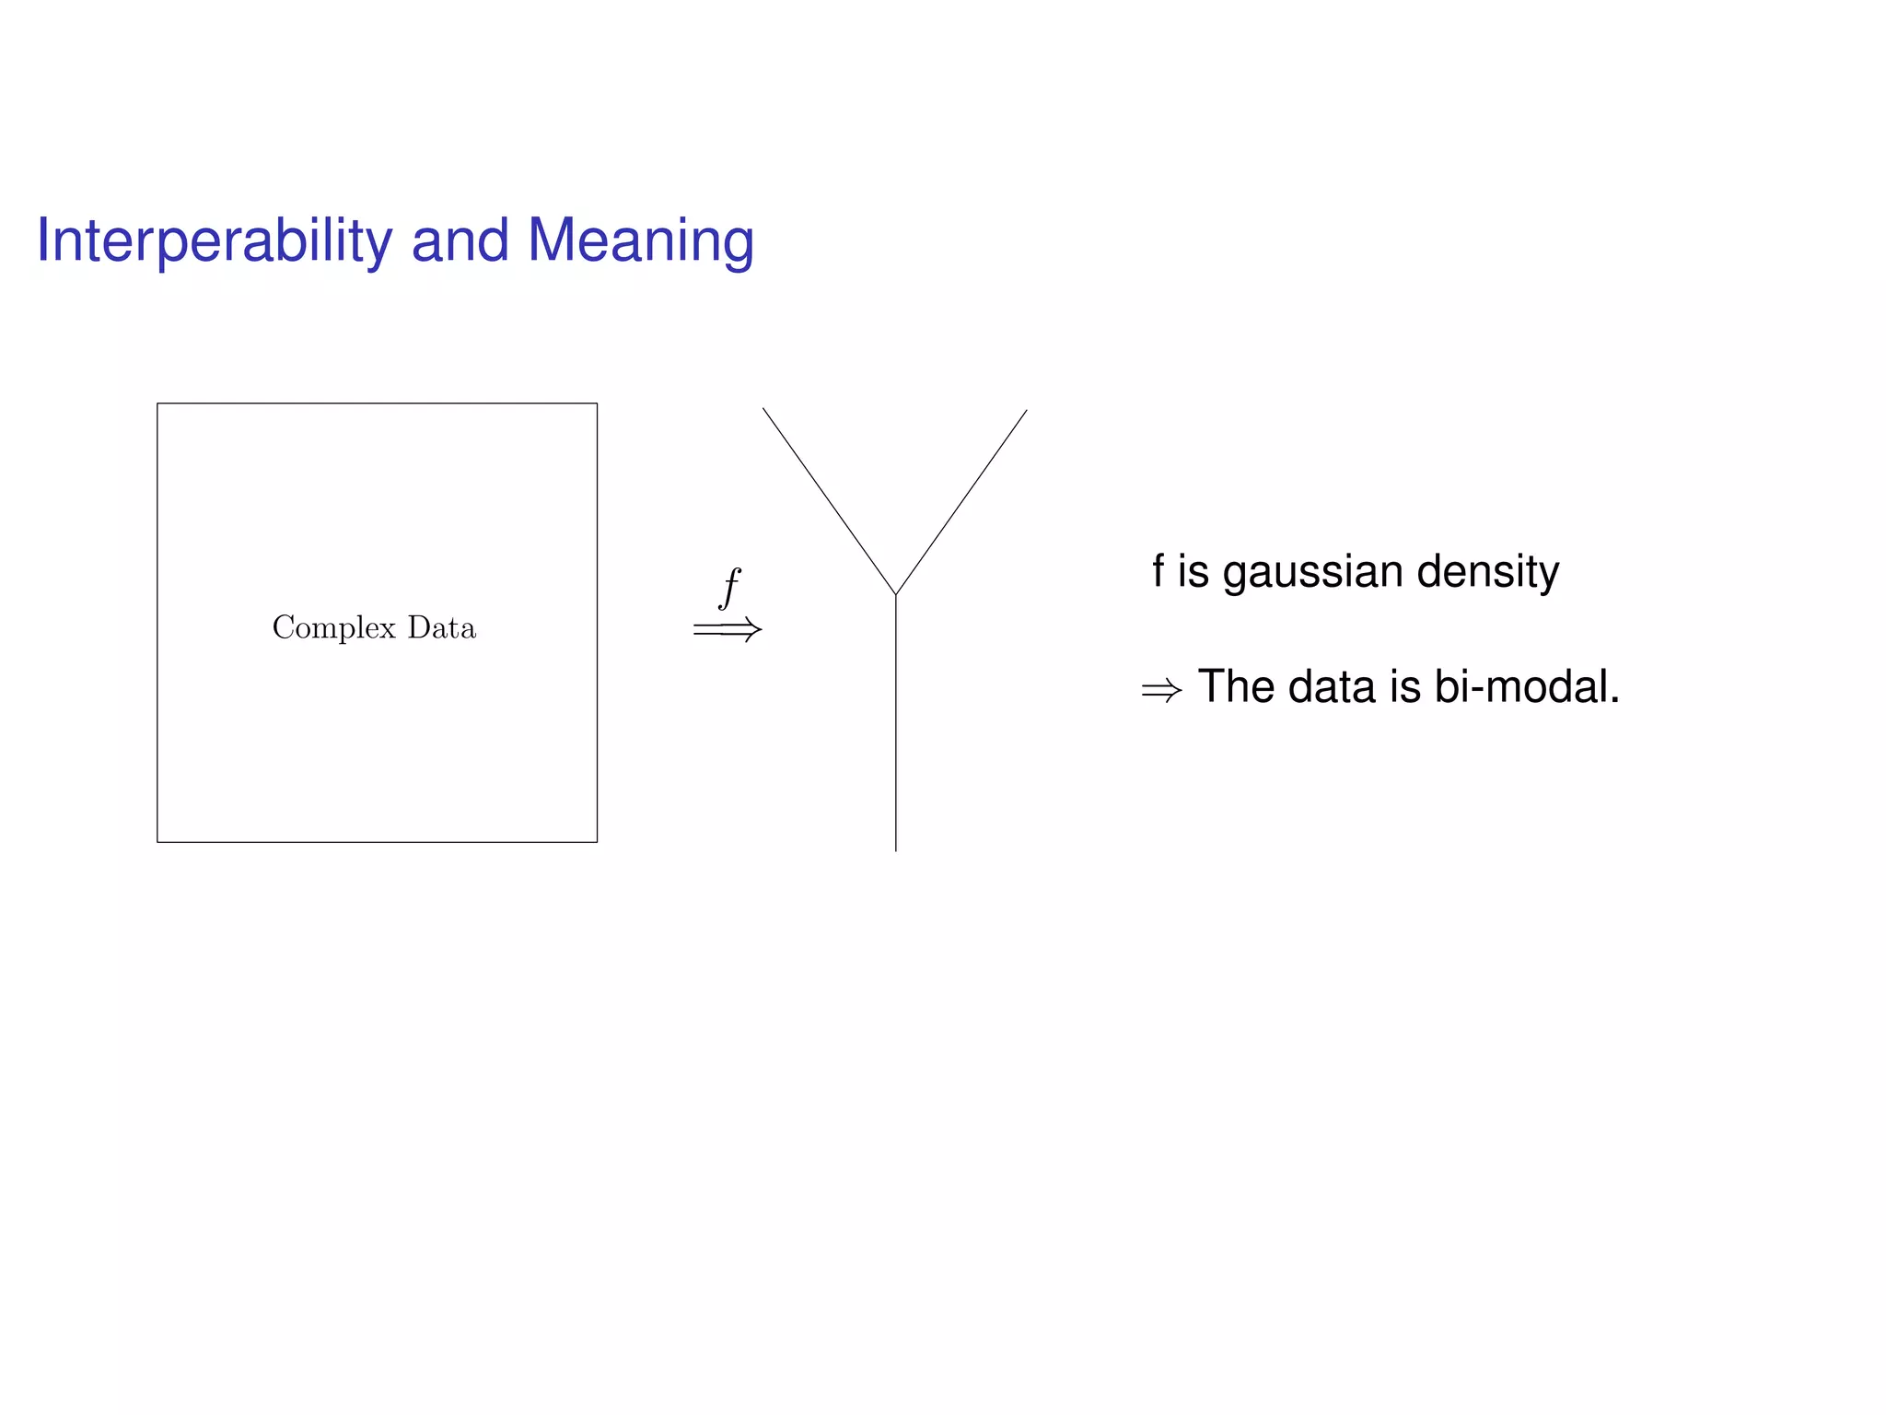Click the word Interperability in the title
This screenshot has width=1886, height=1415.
pyautogui.click(x=215, y=241)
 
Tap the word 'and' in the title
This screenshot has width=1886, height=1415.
pyautogui.click(x=460, y=241)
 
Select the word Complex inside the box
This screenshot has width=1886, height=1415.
pyautogui.click(x=333, y=628)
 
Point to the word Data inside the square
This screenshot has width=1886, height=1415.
pyautogui.click(x=442, y=627)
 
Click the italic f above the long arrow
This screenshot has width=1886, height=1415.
pyautogui.click(x=729, y=587)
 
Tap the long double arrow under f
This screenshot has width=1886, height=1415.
pyautogui.click(x=728, y=630)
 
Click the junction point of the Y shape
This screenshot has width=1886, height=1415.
pyautogui.click(x=896, y=595)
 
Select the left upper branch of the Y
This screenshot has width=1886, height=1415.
pyautogui.click(x=829, y=501)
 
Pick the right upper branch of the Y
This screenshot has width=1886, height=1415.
pyautogui.click(x=961, y=502)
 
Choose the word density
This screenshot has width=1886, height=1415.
pyautogui.click(x=1487, y=572)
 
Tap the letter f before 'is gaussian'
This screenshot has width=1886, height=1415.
pyautogui.click(x=1158, y=571)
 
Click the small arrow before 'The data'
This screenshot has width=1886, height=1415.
pyautogui.click(x=1161, y=690)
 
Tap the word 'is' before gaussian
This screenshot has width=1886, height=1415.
pyautogui.click(x=1193, y=572)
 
